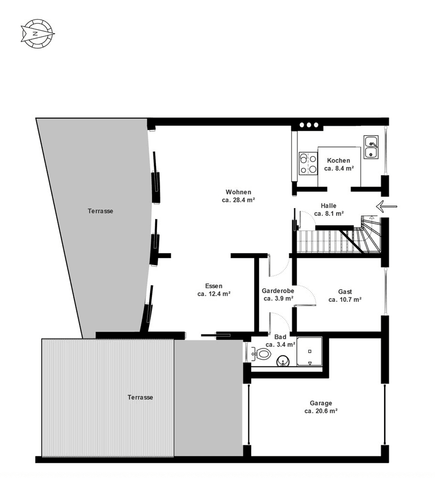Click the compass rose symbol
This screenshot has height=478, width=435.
tap(37, 33)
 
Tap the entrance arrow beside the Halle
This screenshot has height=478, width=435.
tap(386, 206)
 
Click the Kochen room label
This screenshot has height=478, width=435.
tap(339, 161)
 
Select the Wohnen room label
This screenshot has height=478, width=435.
tap(239, 192)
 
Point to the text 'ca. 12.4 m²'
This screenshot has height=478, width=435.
tap(214, 293)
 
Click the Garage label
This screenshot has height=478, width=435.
tap(321, 403)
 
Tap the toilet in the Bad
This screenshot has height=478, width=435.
tap(263, 354)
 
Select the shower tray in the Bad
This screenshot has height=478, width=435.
tap(309, 351)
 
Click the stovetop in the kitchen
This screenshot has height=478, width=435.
tap(308, 163)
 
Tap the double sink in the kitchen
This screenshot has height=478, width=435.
tap(371, 147)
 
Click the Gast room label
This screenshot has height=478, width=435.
tap(345, 292)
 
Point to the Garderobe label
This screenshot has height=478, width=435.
tap(278, 291)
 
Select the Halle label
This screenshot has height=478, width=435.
tap(329, 205)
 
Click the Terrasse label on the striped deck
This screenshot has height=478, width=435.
tap(140, 397)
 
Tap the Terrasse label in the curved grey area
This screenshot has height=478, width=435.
tap(100, 211)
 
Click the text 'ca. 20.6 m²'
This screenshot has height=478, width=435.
tap(321, 411)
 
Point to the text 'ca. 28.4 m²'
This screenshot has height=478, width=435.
tap(239, 200)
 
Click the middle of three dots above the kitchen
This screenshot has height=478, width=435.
tap(309, 125)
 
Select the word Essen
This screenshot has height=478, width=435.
tap(214, 286)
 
